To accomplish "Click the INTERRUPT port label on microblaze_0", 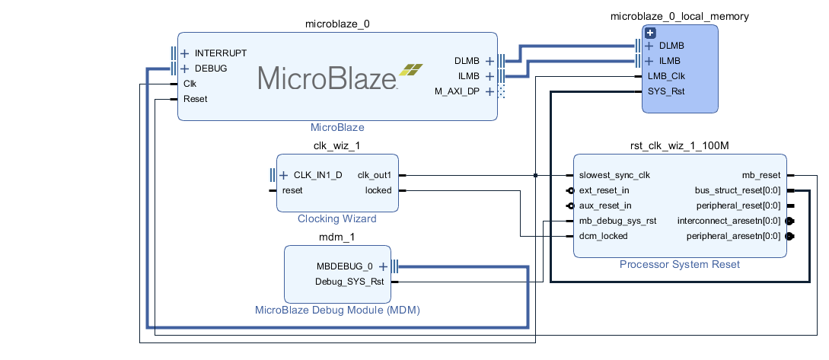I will [x=220, y=53].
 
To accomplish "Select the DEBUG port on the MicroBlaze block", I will [x=210, y=68].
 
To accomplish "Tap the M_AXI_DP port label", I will [x=458, y=91].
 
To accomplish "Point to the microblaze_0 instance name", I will [x=337, y=24].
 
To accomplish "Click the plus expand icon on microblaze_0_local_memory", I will [x=650, y=33].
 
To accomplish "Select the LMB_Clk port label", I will [x=666, y=76].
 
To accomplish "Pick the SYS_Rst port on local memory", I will [x=665, y=91].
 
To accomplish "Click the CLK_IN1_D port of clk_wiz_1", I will [x=317, y=175].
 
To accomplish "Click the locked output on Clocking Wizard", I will [x=378, y=190].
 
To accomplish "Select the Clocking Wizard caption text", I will [x=336, y=219].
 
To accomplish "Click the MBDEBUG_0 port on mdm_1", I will [x=345, y=266].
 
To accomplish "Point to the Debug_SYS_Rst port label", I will [x=349, y=282].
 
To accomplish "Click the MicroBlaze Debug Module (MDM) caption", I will [x=337, y=311].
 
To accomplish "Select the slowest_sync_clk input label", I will [x=614, y=175].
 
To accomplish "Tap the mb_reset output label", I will [x=760, y=175].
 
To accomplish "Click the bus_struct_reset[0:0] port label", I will [x=738, y=190].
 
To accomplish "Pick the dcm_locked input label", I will [x=603, y=236].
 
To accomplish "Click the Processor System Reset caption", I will [x=680, y=265].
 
